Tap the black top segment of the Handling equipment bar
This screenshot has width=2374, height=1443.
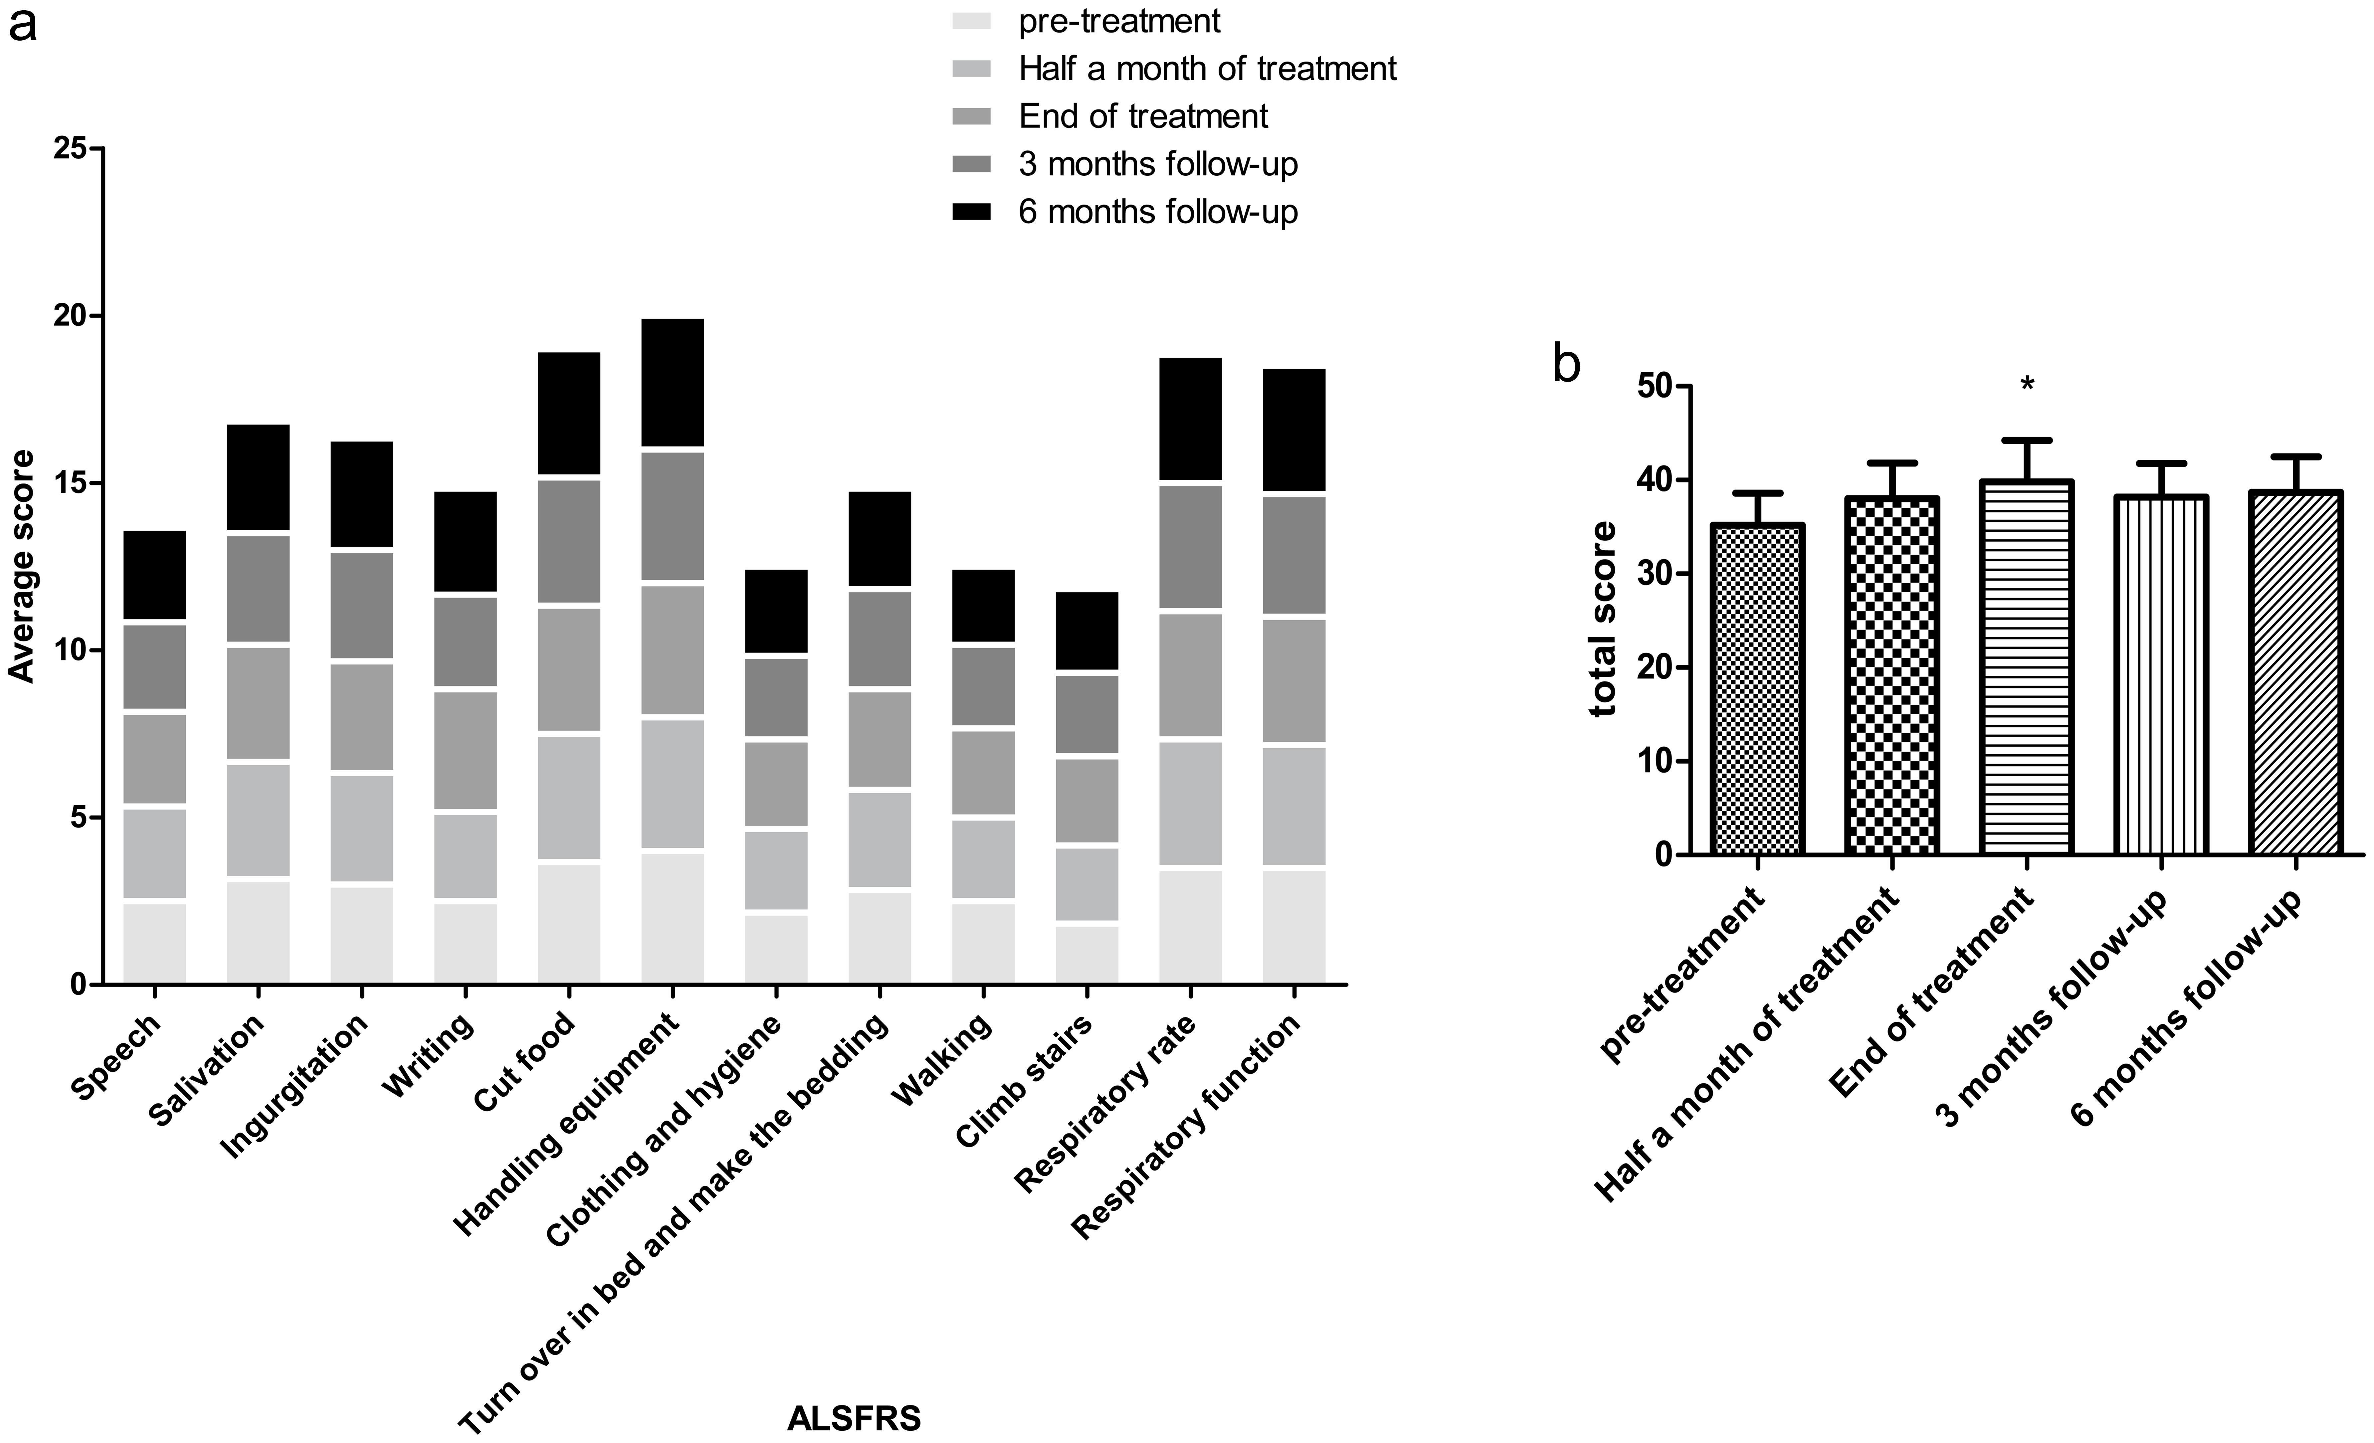pyautogui.click(x=673, y=382)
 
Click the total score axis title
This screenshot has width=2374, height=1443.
pyautogui.click(x=1603, y=620)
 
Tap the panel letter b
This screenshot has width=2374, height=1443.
pyautogui.click(x=1567, y=364)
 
